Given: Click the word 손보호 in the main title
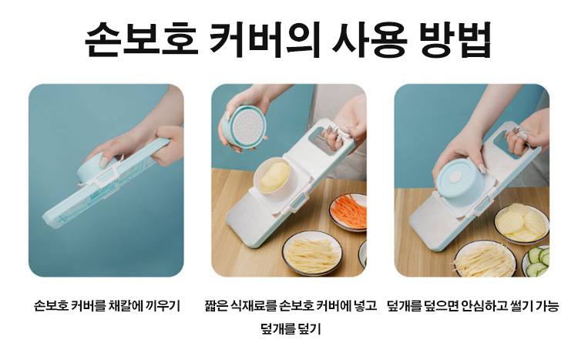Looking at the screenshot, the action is point(142,39).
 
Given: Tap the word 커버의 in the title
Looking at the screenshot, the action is point(264,39).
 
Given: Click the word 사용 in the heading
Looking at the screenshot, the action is point(369,39).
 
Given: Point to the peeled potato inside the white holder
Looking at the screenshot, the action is point(274,177).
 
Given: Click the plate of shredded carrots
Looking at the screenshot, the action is point(348,212).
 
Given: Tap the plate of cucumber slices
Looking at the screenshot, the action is point(536,261).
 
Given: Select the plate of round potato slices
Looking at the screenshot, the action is point(521,223).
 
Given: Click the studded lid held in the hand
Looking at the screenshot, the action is point(244,126).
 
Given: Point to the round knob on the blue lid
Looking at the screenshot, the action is point(456,177).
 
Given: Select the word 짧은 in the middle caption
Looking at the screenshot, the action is point(217,306).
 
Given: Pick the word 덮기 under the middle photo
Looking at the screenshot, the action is point(310,328).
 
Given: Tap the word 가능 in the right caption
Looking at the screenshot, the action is point(547,306).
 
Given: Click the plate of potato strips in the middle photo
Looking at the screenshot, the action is point(312,254).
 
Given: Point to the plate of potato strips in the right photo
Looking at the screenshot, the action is point(485,259).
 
